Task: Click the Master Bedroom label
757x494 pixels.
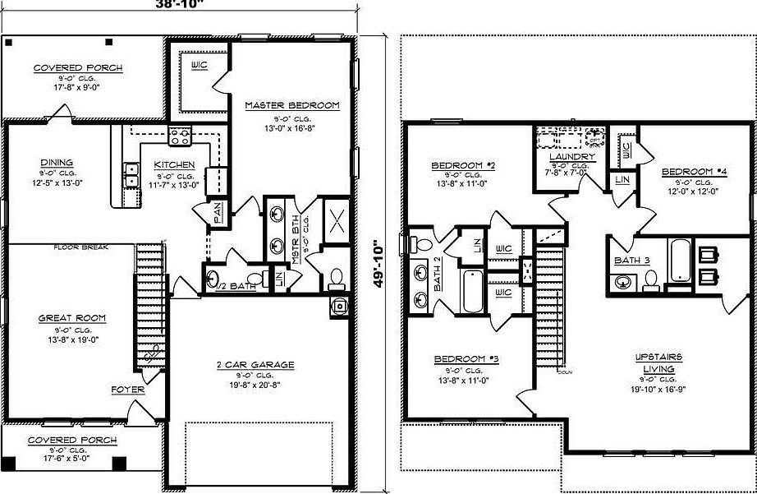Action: click(x=292, y=105)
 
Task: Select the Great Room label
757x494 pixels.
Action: click(x=72, y=318)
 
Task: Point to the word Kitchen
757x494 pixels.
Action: click(x=174, y=165)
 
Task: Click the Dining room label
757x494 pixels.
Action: click(x=56, y=162)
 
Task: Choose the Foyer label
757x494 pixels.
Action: click(x=128, y=390)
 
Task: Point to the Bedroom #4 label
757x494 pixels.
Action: click(x=694, y=171)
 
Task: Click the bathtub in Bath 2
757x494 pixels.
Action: click(x=471, y=290)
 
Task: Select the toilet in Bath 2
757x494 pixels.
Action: click(x=420, y=245)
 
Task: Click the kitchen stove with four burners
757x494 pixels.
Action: click(x=180, y=136)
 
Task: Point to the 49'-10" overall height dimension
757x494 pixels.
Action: click(x=378, y=263)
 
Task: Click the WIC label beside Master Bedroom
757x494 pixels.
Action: click(x=199, y=64)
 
